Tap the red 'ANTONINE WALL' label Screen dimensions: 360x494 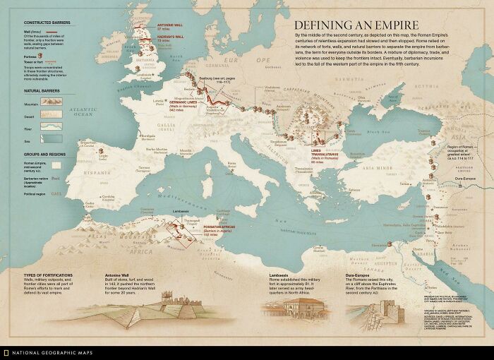(169, 25)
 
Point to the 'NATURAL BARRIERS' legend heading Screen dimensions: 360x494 (41, 91)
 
